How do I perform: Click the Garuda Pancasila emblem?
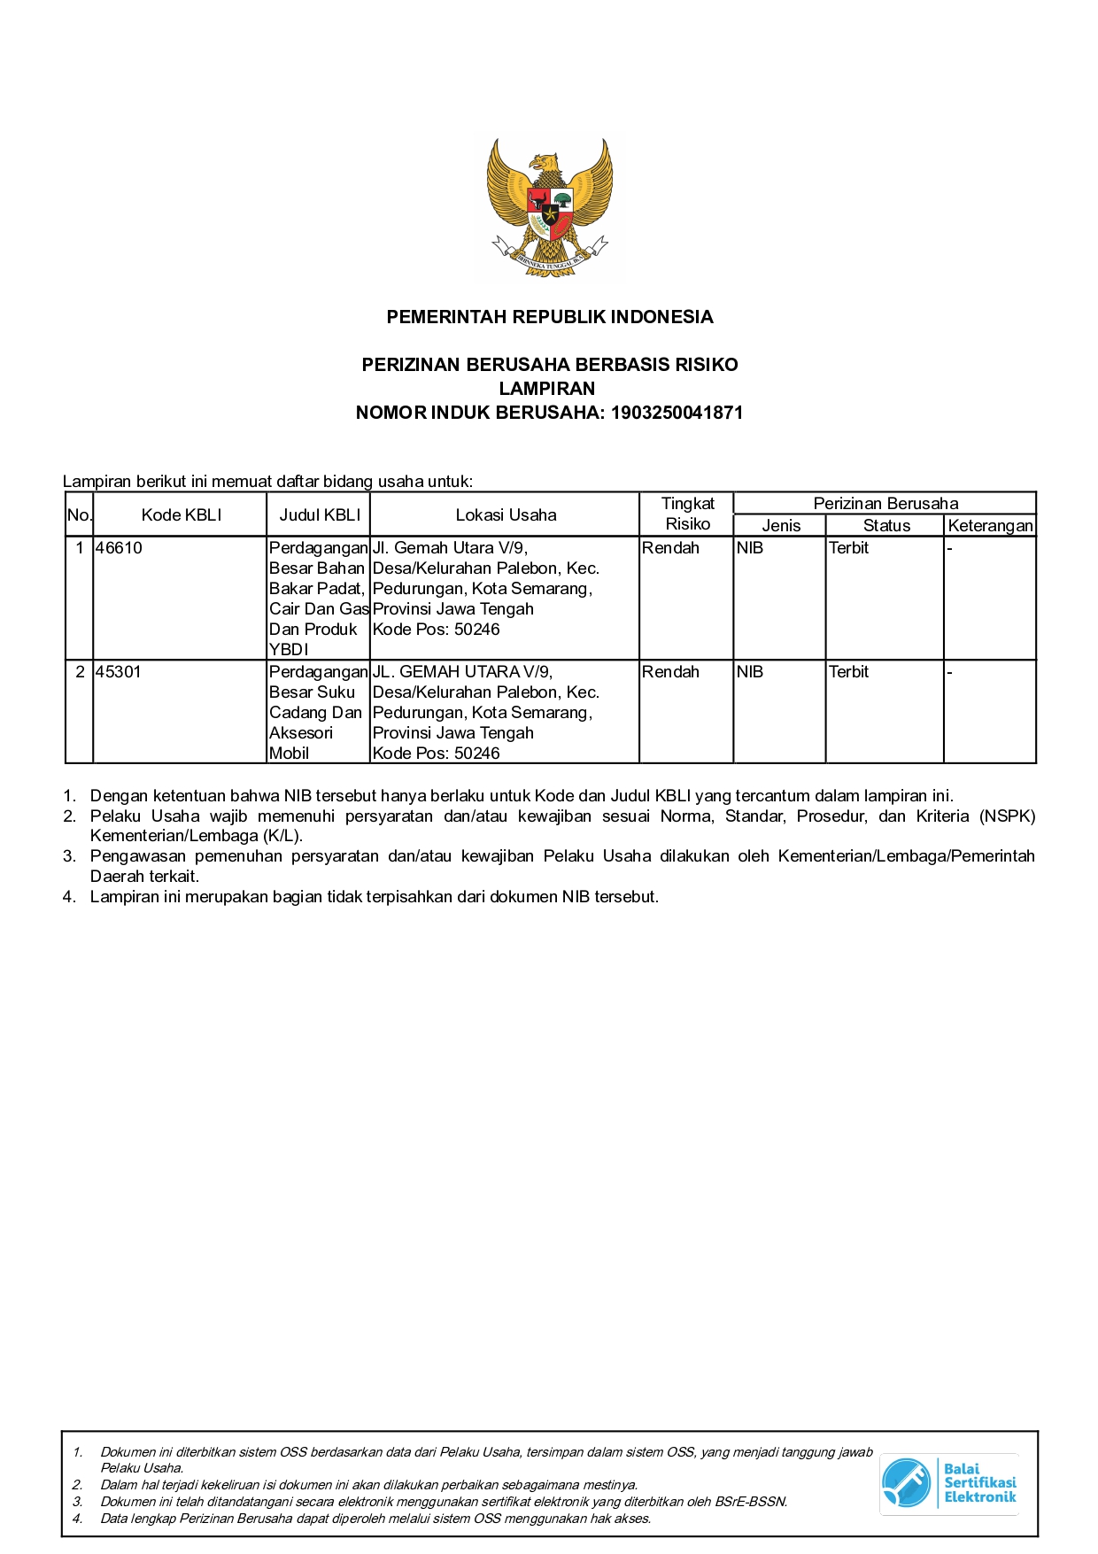click(x=549, y=208)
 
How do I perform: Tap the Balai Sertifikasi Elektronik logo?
click(x=948, y=1482)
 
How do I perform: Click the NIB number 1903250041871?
click(x=677, y=413)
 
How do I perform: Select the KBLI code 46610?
click(x=119, y=548)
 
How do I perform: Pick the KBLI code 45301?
click(x=119, y=672)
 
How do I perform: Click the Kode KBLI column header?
click(x=181, y=515)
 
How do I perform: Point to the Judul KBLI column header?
click(x=320, y=515)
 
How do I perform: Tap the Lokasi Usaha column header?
click(x=506, y=515)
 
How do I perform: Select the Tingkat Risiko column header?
click(x=687, y=514)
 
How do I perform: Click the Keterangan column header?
click(x=990, y=526)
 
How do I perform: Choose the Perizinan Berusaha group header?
click(x=885, y=504)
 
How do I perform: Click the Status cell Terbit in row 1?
click(x=848, y=548)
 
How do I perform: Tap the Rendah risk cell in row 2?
click(x=670, y=672)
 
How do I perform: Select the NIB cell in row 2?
click(x=749, y=672)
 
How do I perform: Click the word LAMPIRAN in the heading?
click(x=547, y=389)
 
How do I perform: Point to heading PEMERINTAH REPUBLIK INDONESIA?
click(x=549, y=317)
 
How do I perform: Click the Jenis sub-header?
click(x=781, y=526)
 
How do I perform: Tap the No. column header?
click(x=79, y=515)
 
